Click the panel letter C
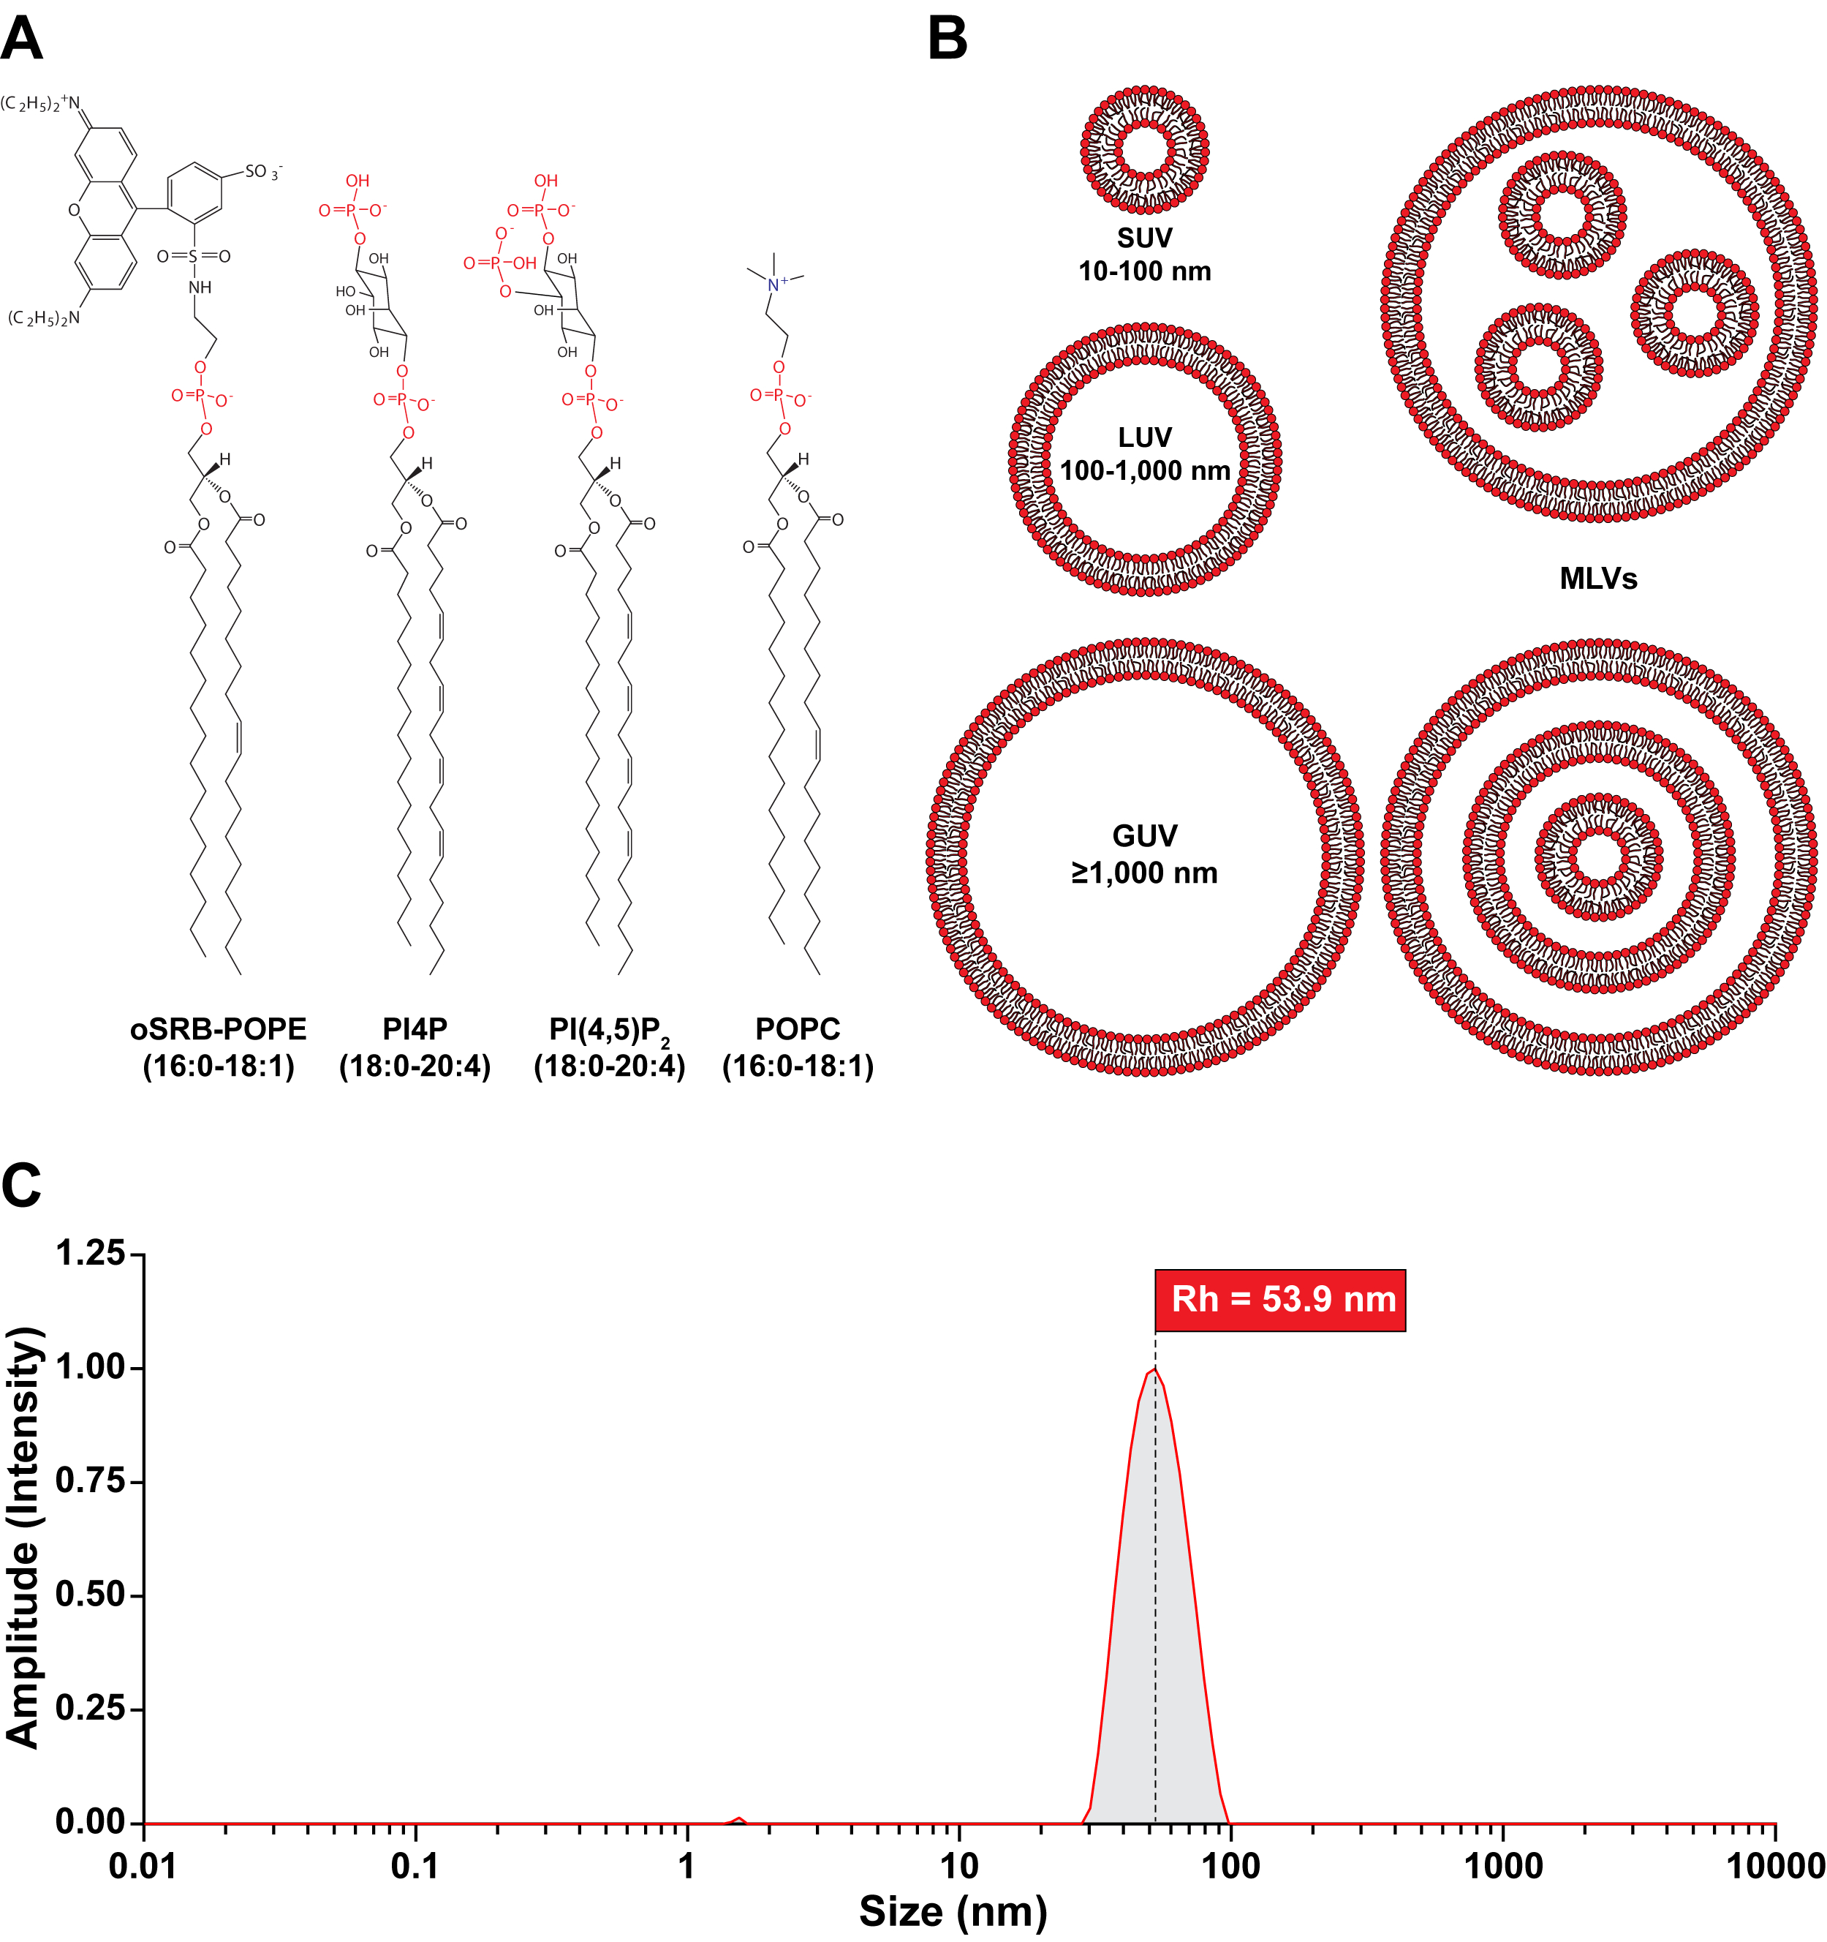[x=21, y=1186]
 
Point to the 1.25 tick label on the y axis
[x=91, y=1253]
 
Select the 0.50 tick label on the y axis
[x=91, y=1595]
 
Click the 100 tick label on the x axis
[x=1230, y=1867]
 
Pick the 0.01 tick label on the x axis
[x=143, y=1867]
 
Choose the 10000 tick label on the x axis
[x=1774, y=1867]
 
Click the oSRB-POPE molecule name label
[x=218, y=1028]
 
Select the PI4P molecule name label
[x=415, y=1028]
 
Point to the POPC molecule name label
[x=798, y=1028]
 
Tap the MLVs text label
[x=1597, y=579]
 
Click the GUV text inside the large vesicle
[x=1144, y=836]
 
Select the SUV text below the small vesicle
[x=1144, y=238]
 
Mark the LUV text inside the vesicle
[x=1144, y=437]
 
